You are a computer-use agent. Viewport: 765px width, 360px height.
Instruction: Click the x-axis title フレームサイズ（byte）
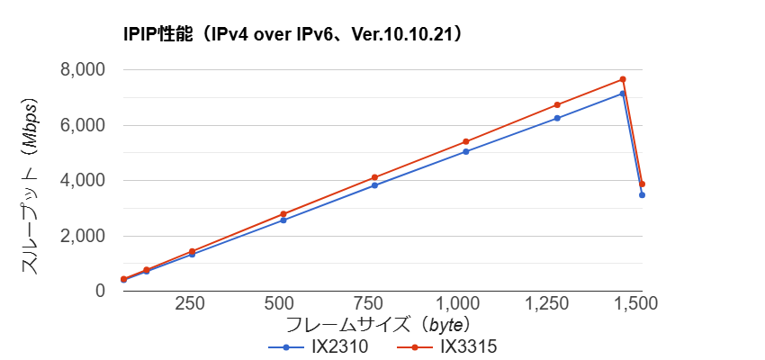click(379, 324)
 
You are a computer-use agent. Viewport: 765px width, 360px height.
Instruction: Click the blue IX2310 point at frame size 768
click(374, 185)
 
